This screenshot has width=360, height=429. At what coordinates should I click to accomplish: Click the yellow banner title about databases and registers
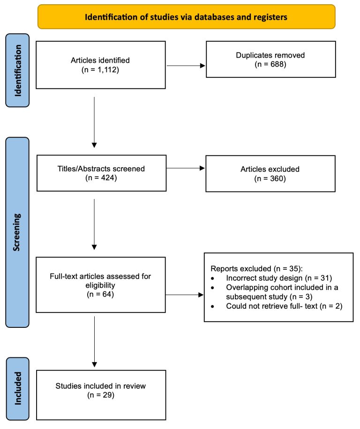[x=186, y=17]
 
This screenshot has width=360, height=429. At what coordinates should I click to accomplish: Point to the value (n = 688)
[x=270, y=64]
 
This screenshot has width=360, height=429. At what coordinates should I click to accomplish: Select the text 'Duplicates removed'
[x=270, y=55]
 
